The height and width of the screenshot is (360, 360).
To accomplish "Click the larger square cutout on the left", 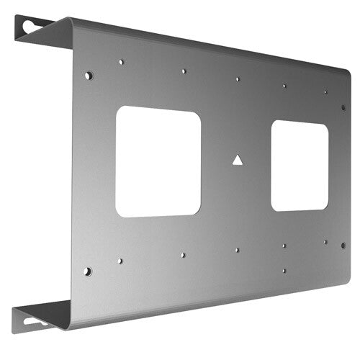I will [158, 161].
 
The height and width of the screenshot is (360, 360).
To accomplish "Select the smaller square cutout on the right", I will [300, 166].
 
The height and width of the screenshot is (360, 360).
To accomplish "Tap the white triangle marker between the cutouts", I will [237, 161].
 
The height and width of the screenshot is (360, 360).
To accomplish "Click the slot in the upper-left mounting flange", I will [30, 26].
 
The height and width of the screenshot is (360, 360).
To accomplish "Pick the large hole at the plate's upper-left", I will [88, 75].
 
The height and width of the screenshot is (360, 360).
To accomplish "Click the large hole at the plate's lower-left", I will [87, 271].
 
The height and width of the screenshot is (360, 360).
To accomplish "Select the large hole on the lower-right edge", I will [343, 245].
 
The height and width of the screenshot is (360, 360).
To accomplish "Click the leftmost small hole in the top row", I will [121, 62].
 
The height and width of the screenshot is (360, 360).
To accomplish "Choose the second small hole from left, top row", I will [184, 71].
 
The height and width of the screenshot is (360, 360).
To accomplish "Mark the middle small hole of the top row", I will [238, 79].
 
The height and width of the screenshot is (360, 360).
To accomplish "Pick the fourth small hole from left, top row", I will [284, 86].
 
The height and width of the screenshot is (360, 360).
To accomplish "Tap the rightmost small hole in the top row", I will [325, 92].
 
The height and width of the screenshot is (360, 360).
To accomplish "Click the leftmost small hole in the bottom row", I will [120, 261].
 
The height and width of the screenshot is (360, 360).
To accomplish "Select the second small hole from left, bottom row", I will [183, 255].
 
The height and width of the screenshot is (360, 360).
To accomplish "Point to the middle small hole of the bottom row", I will [237, 250].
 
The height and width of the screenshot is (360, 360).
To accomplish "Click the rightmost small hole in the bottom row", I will [325, 242].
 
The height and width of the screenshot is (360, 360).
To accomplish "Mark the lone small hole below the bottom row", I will [284, 271].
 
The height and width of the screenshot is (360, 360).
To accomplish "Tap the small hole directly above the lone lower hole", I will [284, 246].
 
